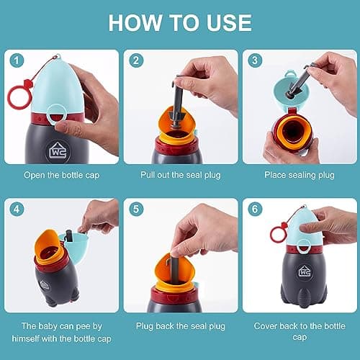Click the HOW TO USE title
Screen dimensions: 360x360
(x=180, y=22)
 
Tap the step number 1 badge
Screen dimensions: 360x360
(x=16, y=60)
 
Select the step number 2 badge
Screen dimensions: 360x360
(x=134, y=60)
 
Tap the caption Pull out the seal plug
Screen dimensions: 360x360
(x=180, y=174)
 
